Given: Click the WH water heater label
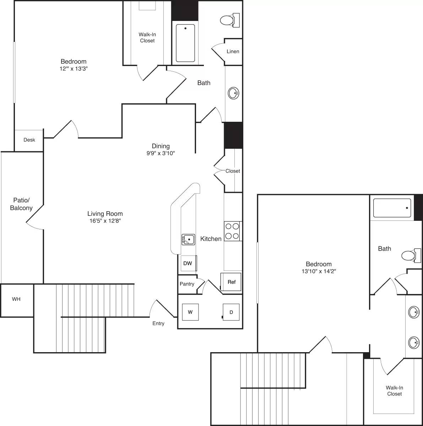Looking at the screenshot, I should pos(16,299).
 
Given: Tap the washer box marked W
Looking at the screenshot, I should pos(190,312).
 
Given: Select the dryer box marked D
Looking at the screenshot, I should pos(231,312).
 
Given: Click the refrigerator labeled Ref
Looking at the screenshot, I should pos(231,282).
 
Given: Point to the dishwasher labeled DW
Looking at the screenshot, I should pos(188,263).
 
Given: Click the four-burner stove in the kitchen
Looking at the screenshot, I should pos(232,231).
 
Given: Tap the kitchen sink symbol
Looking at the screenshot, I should pos(188,240).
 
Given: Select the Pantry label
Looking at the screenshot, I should pos(187,284).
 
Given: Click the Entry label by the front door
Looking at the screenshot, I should pos(158,323).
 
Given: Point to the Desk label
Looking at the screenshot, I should pos(29,140).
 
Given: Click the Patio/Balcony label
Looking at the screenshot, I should pos(21,204).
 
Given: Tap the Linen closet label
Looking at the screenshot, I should pos(233,51).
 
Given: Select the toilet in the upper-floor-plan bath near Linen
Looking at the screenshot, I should pos(227,20).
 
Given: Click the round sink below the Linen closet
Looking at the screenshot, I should pos(233,93).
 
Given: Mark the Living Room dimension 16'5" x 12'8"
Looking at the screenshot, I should pos(105,220).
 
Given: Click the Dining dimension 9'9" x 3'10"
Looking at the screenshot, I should pos(161,153).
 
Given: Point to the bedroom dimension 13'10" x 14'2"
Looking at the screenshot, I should pos(319,271).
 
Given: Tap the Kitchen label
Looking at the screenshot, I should pos(211,239).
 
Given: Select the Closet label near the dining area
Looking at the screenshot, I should pos(233,171).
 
